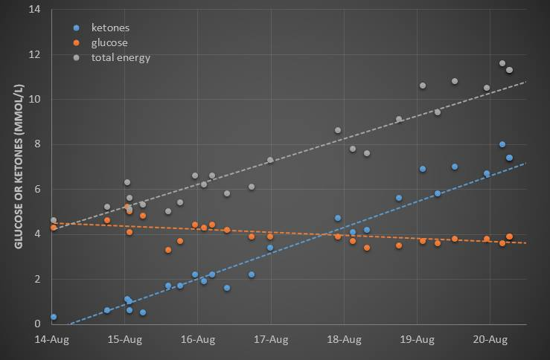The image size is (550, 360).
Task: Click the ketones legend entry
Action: pyautogui.click(x=110, y=28)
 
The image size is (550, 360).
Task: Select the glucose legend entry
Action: pyautogui.click(x=109, y=42)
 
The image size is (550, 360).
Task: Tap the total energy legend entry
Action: pyautogui.click(x=121, y=57)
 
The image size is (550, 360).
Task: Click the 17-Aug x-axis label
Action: pyautogui.click(x=271, y=340)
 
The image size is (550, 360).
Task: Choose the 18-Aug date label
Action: pyautogui.click(x=344, y=340)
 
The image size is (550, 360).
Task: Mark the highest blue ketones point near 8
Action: pyautogui.click(x=502, y=144)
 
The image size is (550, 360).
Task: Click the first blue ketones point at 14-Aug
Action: pyautogui.click(x=54, y=317)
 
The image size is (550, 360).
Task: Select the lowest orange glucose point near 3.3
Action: pyautogui.click(x=168, y=250)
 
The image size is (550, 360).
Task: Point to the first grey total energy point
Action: pyautogui.click(x=54, y=220)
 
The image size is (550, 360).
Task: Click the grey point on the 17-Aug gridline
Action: pyautogui.click(x=270, y=160)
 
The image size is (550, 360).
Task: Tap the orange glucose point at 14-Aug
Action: pyautogui.click(x=54, y=228)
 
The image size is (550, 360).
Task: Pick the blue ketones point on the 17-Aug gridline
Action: pyautogui.click(x=270, y=248)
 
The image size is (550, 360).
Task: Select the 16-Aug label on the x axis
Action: pyautogui.click(x=198, y=340)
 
